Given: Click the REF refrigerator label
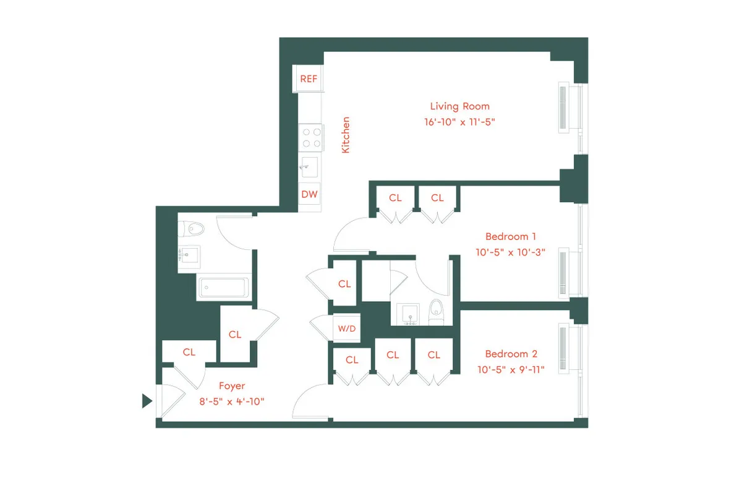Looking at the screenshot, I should pyautogui.click(x=309, y=79).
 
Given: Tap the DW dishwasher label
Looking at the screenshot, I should pyautogui.click(x=309, y=194).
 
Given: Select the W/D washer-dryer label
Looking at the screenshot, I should pyautogui.click(x=346, y=328).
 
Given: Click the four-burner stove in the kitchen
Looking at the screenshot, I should pyautogui.click(x=310, y=137).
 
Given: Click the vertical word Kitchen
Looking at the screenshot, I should pyautogui.click(x=346, y=135).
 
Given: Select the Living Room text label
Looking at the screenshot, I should pyautogui.click(x=459, y=106).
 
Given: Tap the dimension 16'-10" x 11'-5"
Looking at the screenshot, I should pyautogui.click(x=459, y=122).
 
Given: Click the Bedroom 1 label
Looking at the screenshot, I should pyautogui.click(x=510, y=236).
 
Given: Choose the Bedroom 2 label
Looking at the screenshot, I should pyautogui.click(x=511, y=354).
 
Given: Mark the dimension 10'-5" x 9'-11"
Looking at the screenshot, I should pyautogui.click(x=511, y=369).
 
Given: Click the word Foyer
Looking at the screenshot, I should pyautogui.click(x=232, y=386).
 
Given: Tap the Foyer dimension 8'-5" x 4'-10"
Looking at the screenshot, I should pyautogui.click(x=232, y=401).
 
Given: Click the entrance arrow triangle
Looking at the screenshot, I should pyautogui.click(x=147, y=401).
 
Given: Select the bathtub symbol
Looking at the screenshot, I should pyautogui.click(x=223, y=288).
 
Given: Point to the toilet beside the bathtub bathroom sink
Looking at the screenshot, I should pyautogui.click(x=194, y=229).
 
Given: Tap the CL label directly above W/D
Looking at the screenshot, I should pyautogui.click(x=344, y=284).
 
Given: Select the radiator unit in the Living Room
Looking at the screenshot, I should pyautogui.click(x=563, y=108).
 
